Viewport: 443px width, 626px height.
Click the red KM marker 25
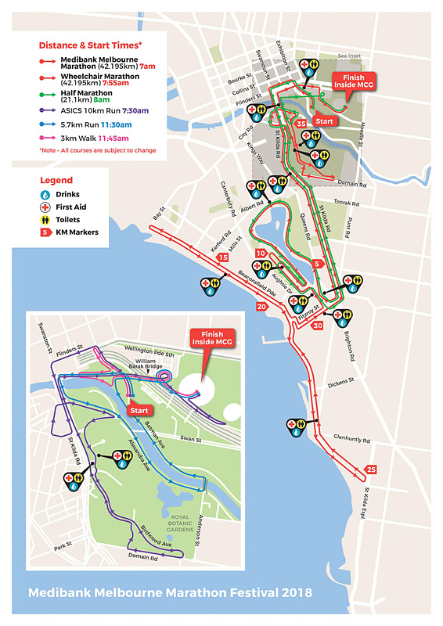[372, 469]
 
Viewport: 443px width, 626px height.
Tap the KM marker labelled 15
[223, 257]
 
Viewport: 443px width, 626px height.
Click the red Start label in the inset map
[138, 409]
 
